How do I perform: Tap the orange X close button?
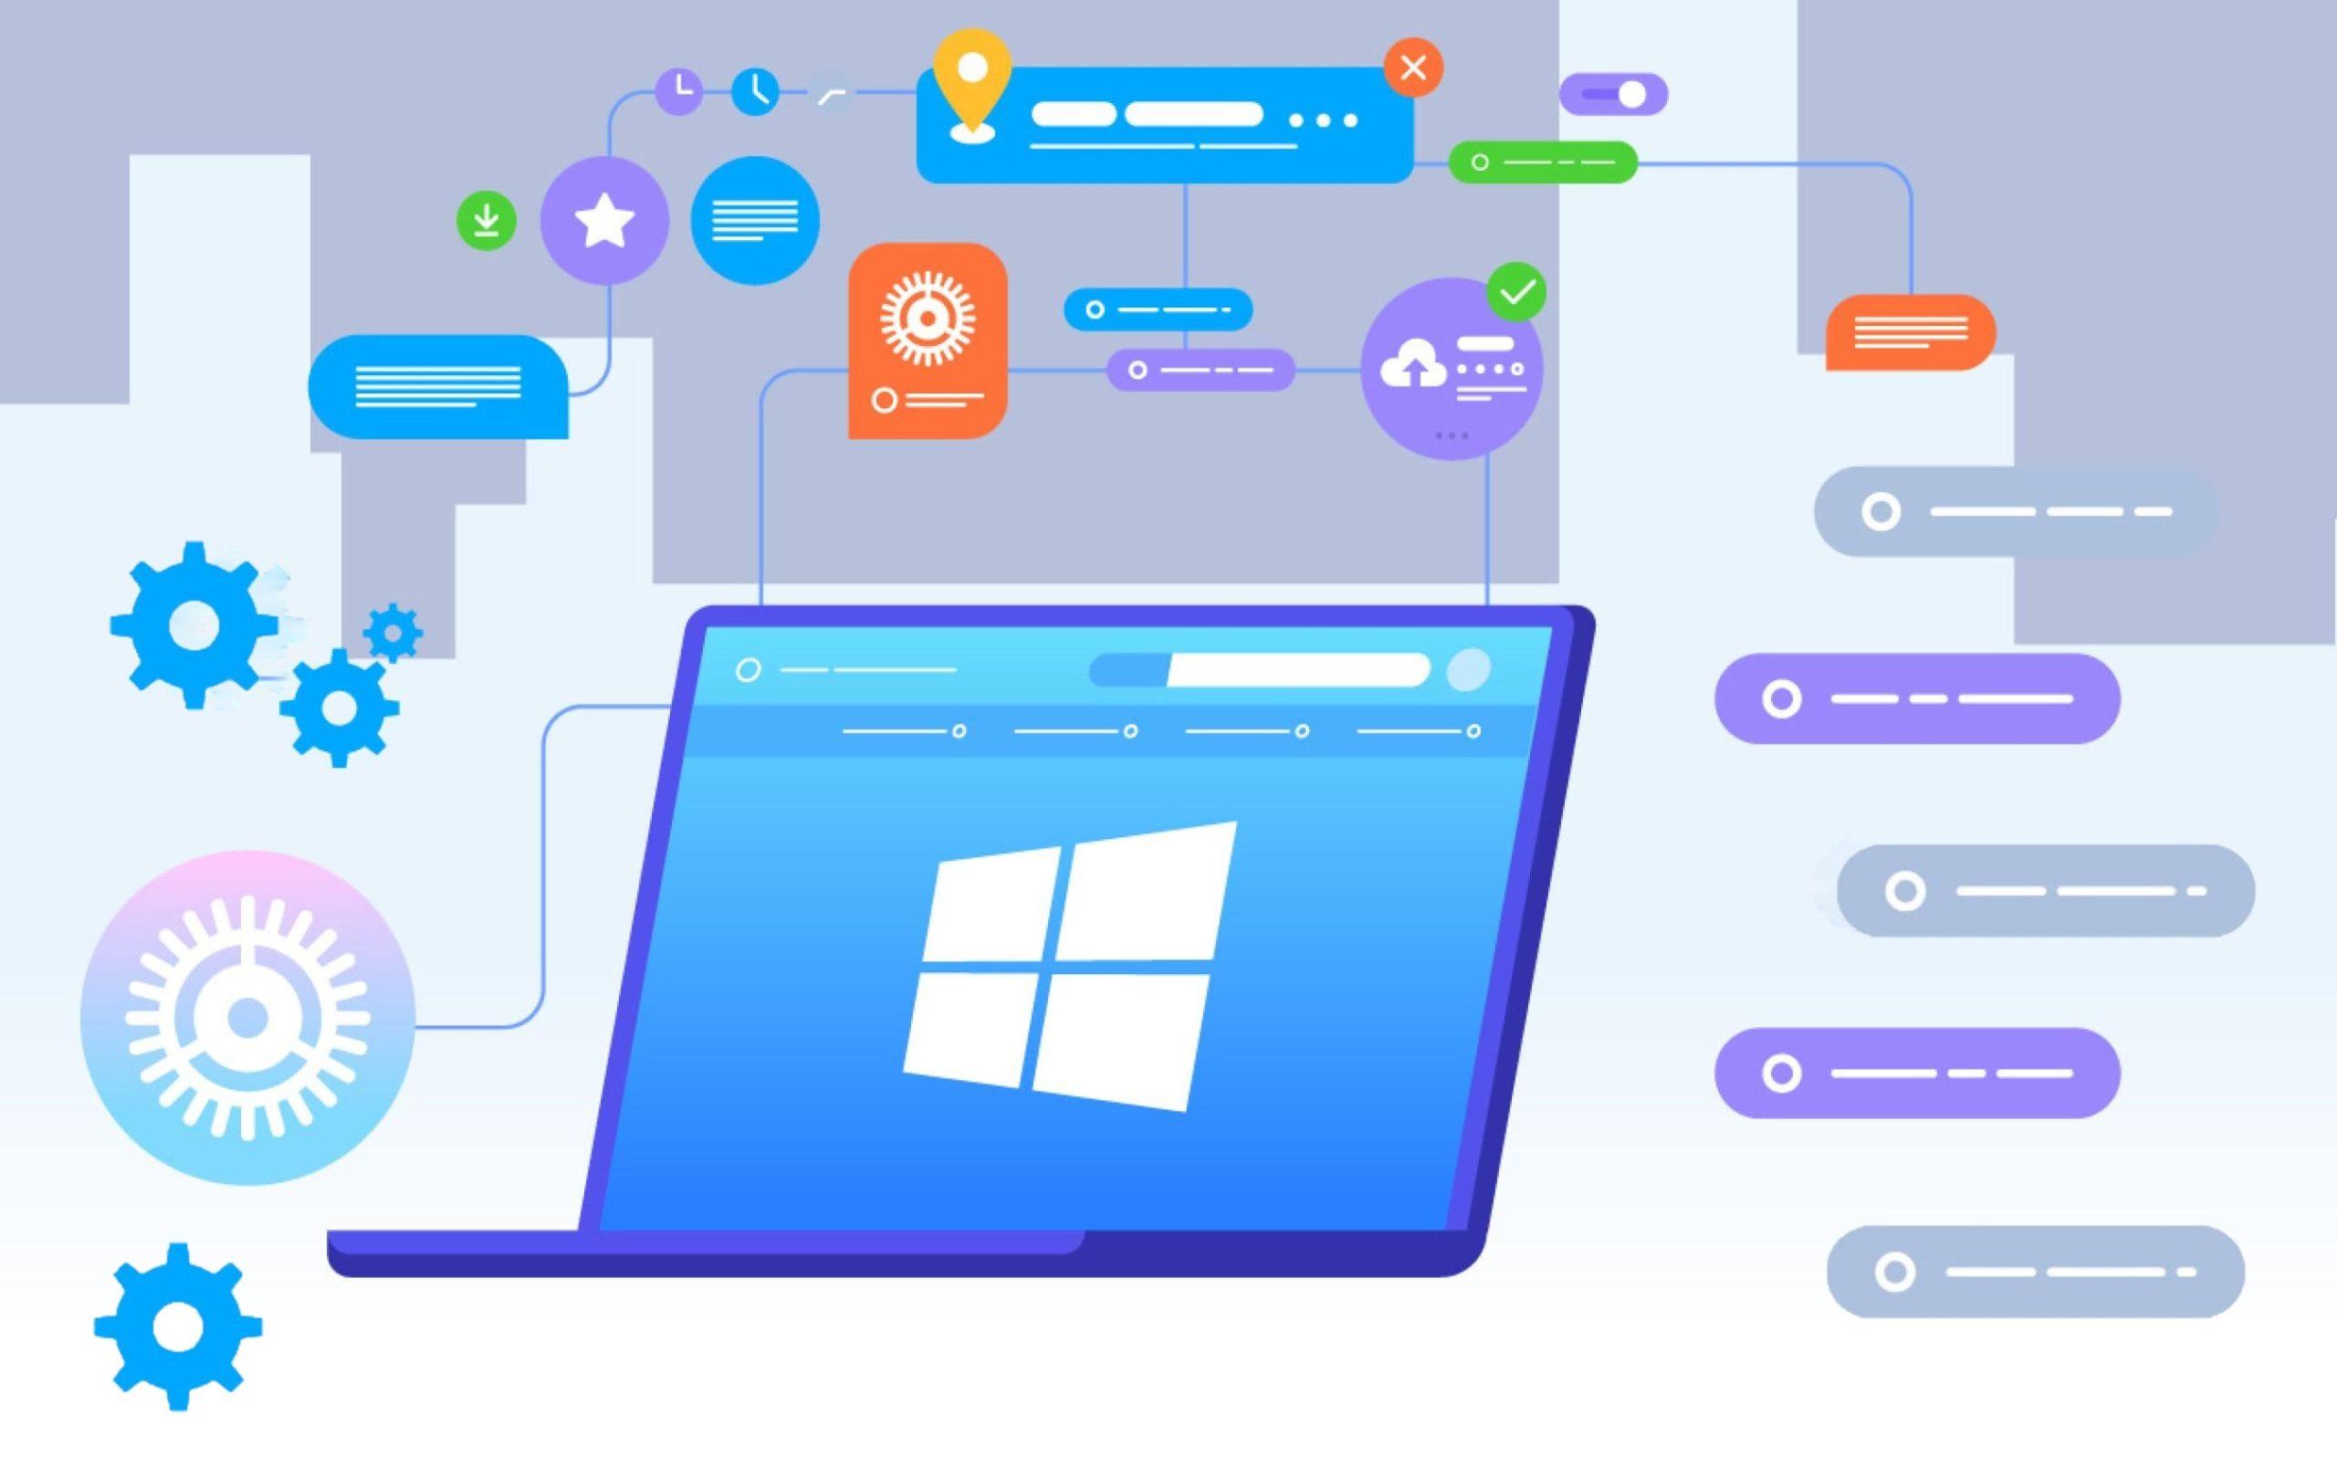coord(1413,68)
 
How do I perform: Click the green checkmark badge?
coord(1517,291)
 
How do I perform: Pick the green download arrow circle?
coord(487,221)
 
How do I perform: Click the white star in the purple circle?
coord(604,220)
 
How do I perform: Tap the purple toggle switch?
coord(1613,94)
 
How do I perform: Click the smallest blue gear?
coord(393,633)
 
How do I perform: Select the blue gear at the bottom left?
coord(178,1325)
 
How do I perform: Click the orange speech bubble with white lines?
coord(1910,332)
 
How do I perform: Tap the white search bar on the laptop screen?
coord(1296,670)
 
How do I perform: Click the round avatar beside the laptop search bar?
coord(1467,670)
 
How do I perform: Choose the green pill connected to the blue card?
coord(1542,162)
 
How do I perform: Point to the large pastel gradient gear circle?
coord(247,1017)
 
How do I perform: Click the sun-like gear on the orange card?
coord(927,319)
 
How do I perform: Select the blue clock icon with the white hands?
coord(755,91)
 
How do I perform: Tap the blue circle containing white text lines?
coord(755,220)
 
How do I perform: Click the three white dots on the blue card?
coord(1323,120)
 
